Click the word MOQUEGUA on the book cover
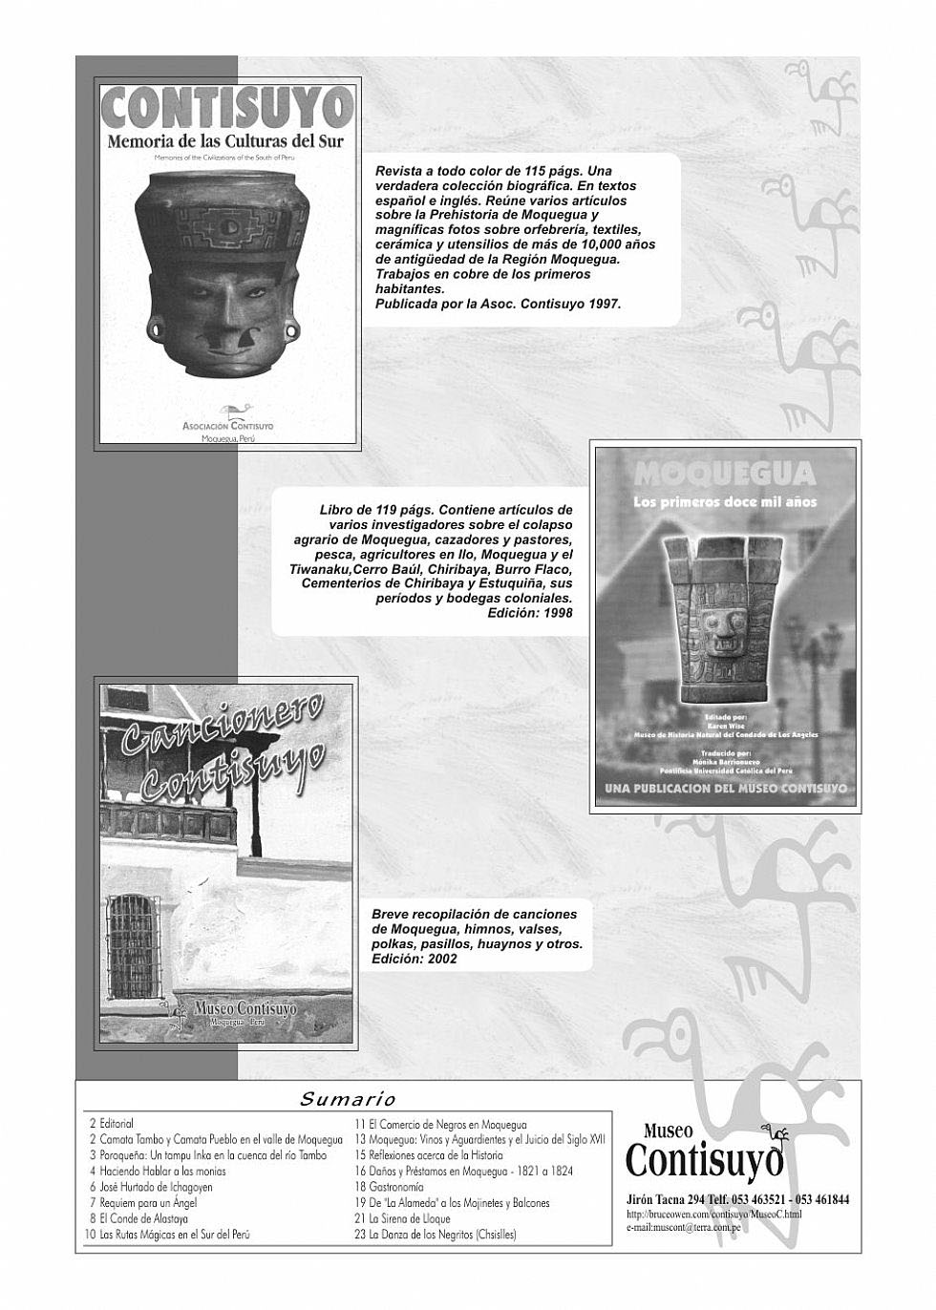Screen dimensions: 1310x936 pyautogui.click(x=724, y=475)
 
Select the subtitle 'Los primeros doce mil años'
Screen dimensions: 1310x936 pyautogui.click(x=725, y=501)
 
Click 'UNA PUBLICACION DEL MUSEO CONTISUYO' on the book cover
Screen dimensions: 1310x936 pyautogui.click(x=725, y=789)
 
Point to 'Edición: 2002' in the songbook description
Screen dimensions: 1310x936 pyautogui.click(x=415, y=959)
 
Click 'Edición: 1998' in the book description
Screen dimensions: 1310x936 pyautogui.click(x=530, y=613)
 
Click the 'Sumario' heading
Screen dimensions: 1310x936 pyautogui.click(x=348, y=1099)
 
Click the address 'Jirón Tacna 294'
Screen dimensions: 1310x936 pyautogui.click(x=666, y=1200)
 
